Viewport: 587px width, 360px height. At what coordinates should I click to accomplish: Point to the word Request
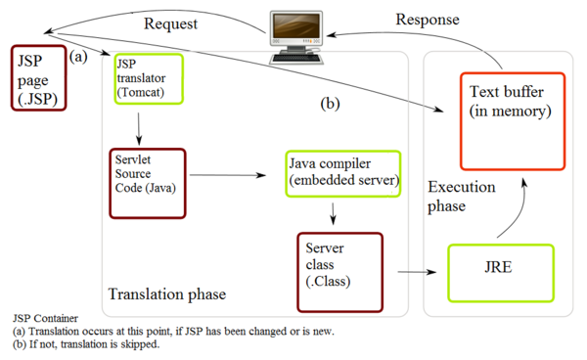click(x=174, y=22)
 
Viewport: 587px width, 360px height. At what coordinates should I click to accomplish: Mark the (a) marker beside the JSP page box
click(x=80, y=58)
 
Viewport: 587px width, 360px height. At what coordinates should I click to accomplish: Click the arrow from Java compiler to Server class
click(x=335, y=213)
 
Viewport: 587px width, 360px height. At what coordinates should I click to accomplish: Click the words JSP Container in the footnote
click(x=45, y=318)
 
